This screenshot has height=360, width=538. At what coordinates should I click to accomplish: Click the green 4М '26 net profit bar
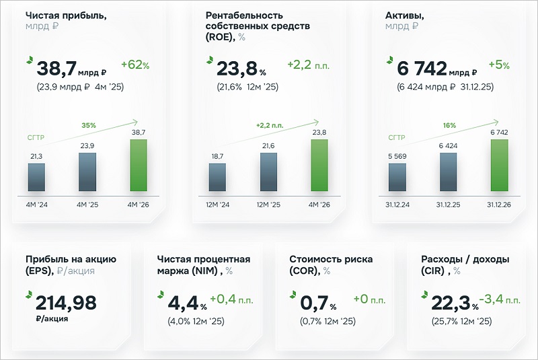click(139, 165)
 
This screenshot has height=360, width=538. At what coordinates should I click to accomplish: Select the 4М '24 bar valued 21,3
click(36, 177)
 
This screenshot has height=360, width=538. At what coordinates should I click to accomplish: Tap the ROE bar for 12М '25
click(268, 172)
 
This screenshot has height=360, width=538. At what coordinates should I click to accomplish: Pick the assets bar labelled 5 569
click(397, 177)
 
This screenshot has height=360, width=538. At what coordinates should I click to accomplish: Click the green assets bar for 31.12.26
click(500, 165)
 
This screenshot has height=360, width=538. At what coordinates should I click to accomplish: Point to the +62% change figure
click(135, 65)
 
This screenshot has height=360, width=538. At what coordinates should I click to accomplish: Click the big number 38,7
click(56, 68)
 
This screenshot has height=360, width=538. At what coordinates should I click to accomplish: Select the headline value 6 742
click(422, 68)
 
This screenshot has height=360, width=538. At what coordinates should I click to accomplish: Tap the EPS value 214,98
click(66, 303)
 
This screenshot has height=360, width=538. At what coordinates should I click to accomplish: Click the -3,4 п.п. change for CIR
click(500, 299)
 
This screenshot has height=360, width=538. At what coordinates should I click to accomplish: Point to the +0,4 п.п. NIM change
click(231, 299)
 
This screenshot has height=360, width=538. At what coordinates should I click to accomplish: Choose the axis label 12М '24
click(217, 205)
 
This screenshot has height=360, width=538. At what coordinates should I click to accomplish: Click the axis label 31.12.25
click(448, 205)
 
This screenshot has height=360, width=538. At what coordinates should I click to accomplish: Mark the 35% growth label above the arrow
click(89, 125)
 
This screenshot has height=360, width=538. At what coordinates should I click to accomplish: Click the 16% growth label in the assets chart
click(449, 125)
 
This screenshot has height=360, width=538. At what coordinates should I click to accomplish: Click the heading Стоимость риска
click(331, 259)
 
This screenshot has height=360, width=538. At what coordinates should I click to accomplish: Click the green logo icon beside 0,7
click(293, 295)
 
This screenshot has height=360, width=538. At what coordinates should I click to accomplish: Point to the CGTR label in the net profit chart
click(36, 138)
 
